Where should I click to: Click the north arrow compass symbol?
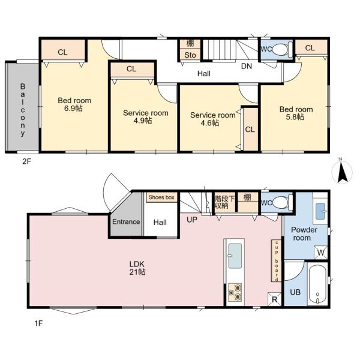pos(342,172)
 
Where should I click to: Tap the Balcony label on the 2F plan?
pos(23,110)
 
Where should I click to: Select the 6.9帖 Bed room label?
pos(74,104)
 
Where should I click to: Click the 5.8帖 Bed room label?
pos(296,113)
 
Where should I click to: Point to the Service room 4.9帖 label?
pos(146,116)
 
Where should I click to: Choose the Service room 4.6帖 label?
pos(212,119)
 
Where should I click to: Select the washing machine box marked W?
pos(320,253)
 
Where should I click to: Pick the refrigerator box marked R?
pos(275,299)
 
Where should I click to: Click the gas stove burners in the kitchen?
pos(235,292)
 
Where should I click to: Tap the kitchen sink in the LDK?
pos(235,256)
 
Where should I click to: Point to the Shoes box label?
pos(161,197)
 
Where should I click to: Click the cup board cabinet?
pos(276,261)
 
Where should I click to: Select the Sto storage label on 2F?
pos(190,55)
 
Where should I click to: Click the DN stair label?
pos(247,66)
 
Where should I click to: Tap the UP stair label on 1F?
pos(192,220)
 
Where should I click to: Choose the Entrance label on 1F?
pos(126,221)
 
